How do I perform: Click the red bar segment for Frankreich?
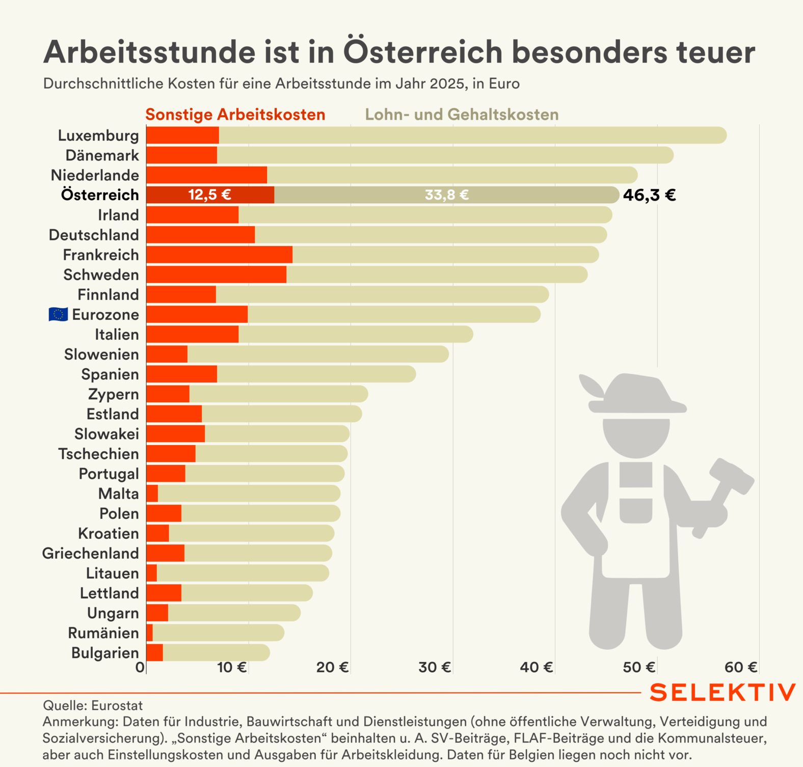click(219, 255)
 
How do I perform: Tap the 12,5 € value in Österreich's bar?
click(209, 195)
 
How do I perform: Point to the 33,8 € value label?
click(447, 195)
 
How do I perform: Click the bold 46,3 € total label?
click(649, 195)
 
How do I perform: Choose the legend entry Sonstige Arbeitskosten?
click(235, 115)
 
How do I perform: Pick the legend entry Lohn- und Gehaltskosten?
click(462, 115)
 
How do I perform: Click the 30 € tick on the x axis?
click(435, 667)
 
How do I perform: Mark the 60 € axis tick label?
click(741, 667)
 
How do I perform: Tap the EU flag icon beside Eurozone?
click(58, 315)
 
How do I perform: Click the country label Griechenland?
click(90, 554)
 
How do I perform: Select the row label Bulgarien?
click(105, 653)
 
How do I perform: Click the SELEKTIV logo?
click(722, 693)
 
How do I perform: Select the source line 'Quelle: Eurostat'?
click(93, 705)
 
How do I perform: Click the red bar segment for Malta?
click(152, 494)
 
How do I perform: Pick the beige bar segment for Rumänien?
click(218, 633)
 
